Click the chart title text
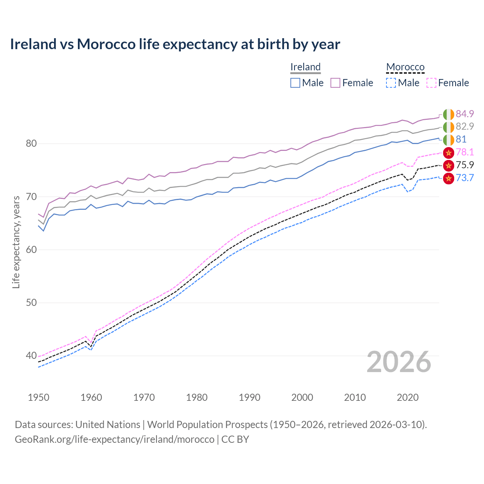click(x=175, y=44)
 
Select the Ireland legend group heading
click(x=306, y=67)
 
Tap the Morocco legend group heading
click(x=405, y=67)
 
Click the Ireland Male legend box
click(x=295, y=83)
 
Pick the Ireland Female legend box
click(x=336, y=83)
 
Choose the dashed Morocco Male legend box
click(x=391, y=83)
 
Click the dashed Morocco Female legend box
click(x=431, y=83)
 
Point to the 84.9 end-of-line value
click(x=465, y=114)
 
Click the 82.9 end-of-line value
click(x=465, y=126)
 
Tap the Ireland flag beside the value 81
click(x=448, y=140)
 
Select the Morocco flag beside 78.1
click(x=448, y=152)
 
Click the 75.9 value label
click(x=465, y=165)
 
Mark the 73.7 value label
click(x=465, y=178)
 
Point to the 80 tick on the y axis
click(x=31, y=144)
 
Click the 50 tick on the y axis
click(x=31, y=302)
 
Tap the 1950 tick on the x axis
click(x=39, y=397)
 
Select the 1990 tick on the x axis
click(x=250, y=397)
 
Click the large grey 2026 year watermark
click(x=399, y=362)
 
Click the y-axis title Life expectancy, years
click(x=16, y=242)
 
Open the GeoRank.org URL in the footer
click(x=115, y=439)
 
